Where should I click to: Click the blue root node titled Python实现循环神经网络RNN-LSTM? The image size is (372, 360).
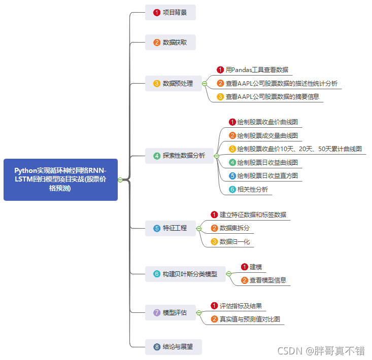coord(60,179)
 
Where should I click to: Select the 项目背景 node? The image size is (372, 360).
coord(171,12)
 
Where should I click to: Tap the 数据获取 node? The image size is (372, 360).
coord(171,42)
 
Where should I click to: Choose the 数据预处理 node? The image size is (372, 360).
coord(174,83)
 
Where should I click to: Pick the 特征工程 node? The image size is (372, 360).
coord(171,228)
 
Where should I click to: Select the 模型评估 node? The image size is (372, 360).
coord(171,312)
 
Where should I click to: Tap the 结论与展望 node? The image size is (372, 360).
coord(174,347)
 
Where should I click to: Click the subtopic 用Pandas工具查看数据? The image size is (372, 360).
coord(257,70)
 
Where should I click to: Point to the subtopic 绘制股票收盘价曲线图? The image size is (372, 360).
coord(267,122)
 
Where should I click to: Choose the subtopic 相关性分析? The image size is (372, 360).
coord(252,189)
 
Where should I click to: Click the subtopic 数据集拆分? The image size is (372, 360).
coord(234,228)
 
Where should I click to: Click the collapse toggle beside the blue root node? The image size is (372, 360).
coord(120,179)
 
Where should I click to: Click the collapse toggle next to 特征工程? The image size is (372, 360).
coord(199,228)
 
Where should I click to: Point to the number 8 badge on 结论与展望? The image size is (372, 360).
coord(157,347)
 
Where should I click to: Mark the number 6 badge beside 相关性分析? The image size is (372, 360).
coord(232,189)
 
